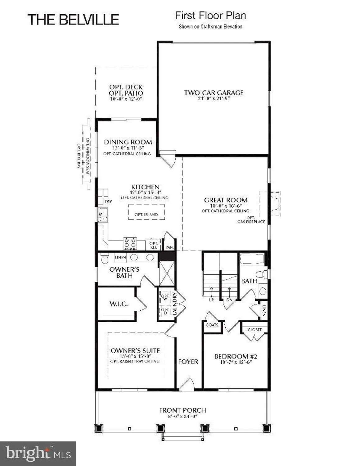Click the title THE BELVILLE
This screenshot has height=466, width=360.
[x=73, y=20]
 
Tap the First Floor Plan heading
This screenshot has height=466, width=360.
[x=211, y=16]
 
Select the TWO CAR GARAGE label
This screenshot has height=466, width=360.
[x=214, y=93]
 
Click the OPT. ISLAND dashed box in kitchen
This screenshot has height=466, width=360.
[x=146, y=214]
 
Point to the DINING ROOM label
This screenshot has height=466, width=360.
[x=128, y=142]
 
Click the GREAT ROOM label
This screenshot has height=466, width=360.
[x=226, y=200]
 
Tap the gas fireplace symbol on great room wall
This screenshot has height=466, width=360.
[x=274, y=203]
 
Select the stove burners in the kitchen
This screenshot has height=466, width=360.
[x=130, y=244]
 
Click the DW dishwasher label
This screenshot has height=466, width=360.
[x=108, y=202]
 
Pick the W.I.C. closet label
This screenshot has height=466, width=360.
[x=119, y=304]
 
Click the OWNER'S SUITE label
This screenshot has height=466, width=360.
[x=135, y=350]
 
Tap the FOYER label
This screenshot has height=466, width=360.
[x=188, y=362]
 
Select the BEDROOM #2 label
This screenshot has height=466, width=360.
[x=236, y=356]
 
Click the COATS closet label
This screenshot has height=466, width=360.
[x=212, y=325]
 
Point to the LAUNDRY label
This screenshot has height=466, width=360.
[x=175, y=304]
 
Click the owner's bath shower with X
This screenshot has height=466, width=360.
[x=167, y=273]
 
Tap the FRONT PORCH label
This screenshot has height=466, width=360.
[x=183, y=410]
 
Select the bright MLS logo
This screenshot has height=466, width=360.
[x=38, y=454]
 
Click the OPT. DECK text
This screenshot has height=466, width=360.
[x=126, y=87]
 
